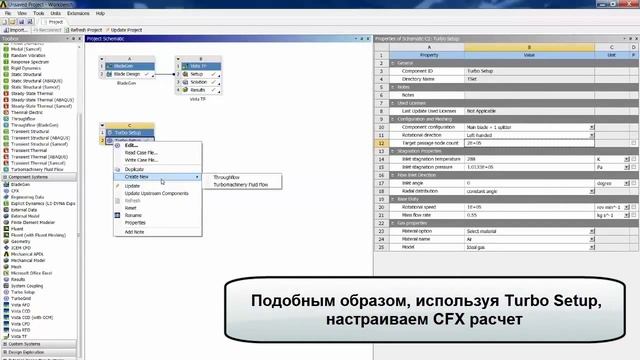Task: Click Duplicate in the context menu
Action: point(134,169)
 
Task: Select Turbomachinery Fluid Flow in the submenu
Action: point(247,185)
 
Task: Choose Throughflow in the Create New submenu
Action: point(230,176)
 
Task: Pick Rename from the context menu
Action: point(134,215)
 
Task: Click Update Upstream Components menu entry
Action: point(156,193)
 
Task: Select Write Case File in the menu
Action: point(140,160)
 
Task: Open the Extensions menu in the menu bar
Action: point(78,13)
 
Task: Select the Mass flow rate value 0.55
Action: point(472,214)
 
